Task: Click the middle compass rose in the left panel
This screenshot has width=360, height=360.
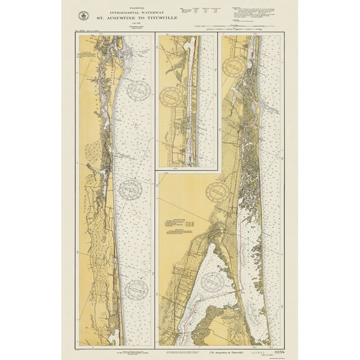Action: pos(131,189)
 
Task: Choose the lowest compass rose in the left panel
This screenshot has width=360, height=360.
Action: pos(136,289)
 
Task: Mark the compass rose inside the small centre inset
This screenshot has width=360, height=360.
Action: pos(171,97)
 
